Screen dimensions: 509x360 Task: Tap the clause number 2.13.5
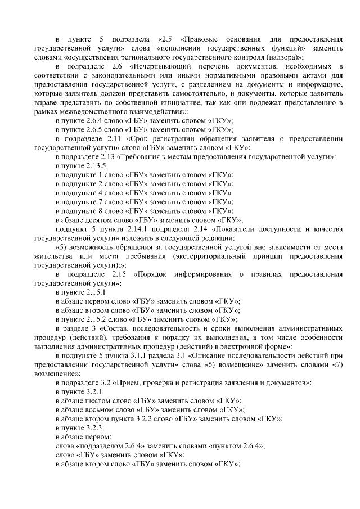(95, 165)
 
